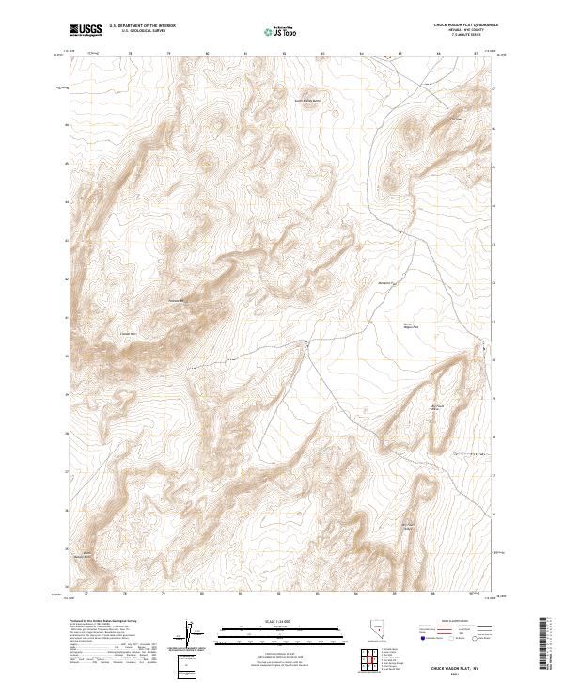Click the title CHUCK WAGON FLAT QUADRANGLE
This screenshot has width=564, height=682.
click(465, 25)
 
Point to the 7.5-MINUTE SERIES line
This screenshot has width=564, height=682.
click(465, 37)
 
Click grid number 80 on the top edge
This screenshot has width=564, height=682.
click(207, 54)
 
